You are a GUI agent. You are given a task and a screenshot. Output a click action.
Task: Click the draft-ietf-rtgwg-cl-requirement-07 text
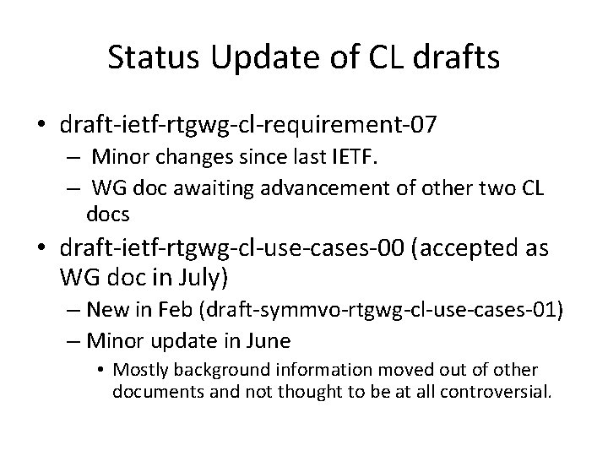point(248,127)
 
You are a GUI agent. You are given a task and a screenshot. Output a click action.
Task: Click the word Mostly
point(138,370)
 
